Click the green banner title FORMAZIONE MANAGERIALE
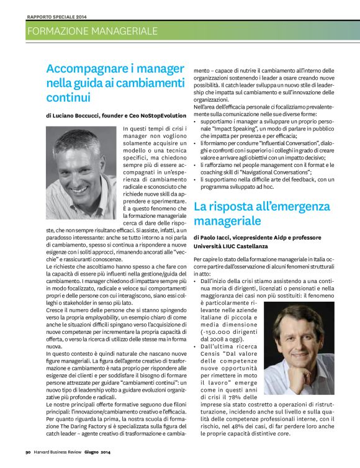pos(92,30)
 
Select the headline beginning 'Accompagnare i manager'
pos(115,83)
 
